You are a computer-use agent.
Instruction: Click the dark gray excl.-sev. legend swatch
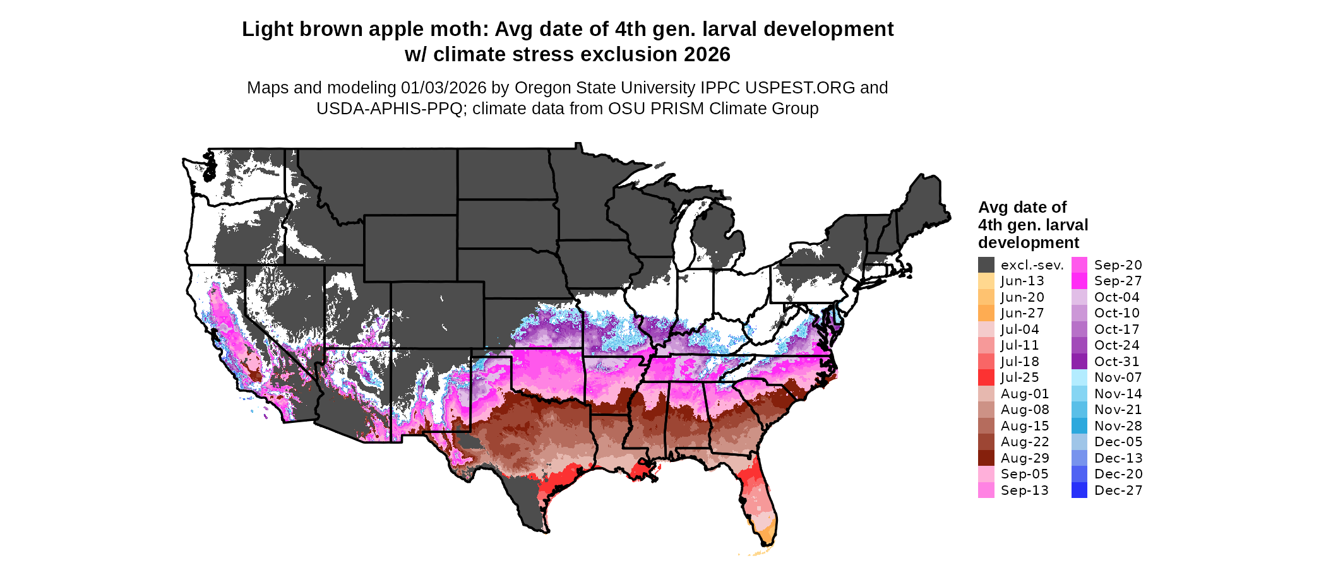(986, 265)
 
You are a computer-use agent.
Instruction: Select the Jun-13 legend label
(1022, 281)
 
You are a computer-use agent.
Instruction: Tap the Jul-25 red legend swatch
(986, 377)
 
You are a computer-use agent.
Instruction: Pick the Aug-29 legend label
(1025, 458)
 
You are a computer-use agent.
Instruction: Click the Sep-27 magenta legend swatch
(1079, 281)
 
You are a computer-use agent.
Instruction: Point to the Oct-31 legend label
(1116, 362)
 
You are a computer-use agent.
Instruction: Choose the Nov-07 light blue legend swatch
(1079, 377)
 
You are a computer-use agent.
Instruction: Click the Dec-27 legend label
(1118, 490)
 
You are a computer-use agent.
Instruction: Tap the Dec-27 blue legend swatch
(1079, 490)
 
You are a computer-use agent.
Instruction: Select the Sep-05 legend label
(1024, 474)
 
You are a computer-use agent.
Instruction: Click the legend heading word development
(1029, 243)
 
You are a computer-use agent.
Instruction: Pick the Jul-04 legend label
(1020, 329)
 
